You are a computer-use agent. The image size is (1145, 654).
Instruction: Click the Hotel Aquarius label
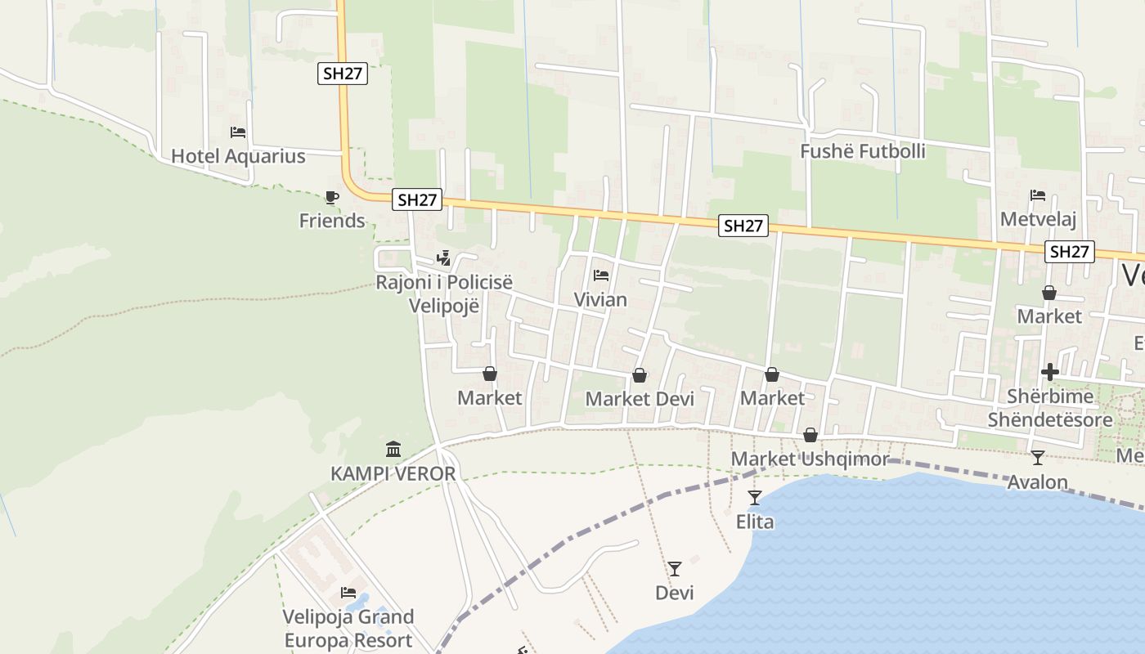238,156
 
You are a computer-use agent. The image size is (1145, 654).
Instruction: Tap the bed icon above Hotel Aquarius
238,132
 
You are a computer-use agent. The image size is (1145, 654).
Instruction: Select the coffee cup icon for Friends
331,197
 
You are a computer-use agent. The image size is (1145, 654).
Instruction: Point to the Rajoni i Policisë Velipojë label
444,293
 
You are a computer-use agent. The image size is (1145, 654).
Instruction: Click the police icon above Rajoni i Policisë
444,258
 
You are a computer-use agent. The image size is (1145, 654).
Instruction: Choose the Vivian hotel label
600,299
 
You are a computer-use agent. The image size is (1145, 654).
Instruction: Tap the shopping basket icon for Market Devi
640,375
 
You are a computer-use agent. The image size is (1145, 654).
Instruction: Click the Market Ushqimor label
809,459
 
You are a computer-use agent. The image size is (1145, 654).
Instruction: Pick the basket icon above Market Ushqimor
810,435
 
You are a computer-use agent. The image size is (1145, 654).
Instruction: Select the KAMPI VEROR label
393,473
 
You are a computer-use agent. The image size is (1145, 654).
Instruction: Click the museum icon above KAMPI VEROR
393,449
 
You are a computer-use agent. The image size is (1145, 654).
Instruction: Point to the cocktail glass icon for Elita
755,497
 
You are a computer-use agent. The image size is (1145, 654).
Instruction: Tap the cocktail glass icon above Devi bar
675,568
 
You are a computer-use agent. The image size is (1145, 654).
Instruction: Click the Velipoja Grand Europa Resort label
348,628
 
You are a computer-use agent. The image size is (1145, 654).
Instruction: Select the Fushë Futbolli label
863,151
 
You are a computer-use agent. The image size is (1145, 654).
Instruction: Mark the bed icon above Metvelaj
1038,195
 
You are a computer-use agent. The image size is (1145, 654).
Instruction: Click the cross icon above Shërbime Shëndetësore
1050,372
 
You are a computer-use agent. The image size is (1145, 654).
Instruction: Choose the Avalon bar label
1037,482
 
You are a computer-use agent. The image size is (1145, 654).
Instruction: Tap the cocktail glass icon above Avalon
1038,458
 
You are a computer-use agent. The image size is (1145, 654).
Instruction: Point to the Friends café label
332,220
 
